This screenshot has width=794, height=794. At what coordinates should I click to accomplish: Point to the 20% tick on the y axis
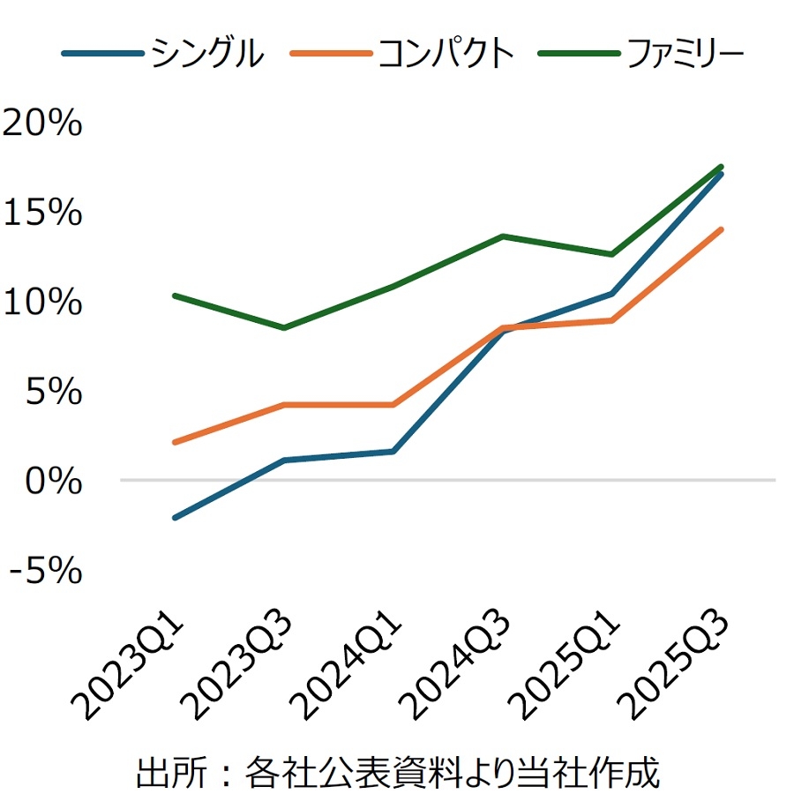[42, 124]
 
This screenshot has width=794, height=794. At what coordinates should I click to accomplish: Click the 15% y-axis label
[42, 213]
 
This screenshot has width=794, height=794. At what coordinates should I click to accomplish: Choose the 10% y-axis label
[42, 303]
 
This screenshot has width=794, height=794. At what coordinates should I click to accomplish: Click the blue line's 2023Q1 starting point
[175, 518]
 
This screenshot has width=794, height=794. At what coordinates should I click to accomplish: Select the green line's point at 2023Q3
[284, 328]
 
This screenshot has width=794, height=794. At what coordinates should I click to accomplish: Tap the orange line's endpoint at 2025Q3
[722, 229]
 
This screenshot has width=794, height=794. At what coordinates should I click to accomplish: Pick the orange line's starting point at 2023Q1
[175, 442]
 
